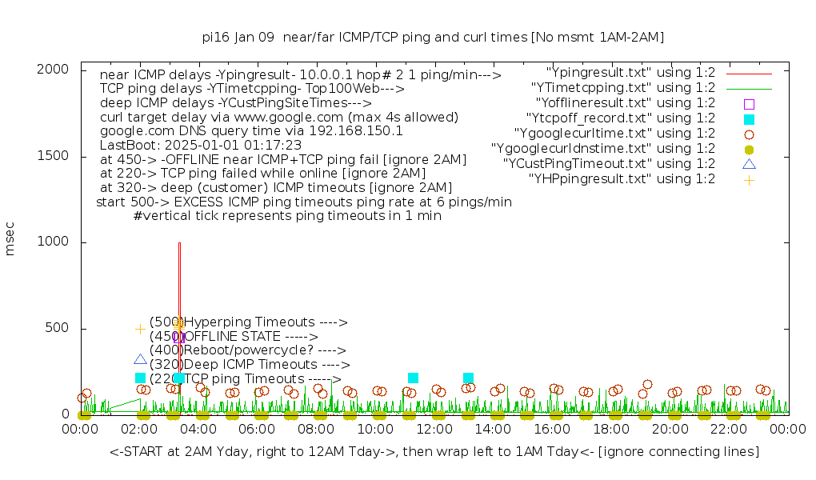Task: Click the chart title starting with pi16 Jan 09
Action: pos(433,37)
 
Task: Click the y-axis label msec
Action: pos(10,242)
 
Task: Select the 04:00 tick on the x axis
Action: pos(198,430)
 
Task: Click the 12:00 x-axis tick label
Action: pos(434,430)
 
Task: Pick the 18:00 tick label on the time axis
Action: pos(611,430)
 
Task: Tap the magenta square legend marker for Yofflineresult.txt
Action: pos(749,103)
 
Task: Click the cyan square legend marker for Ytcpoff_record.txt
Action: pos(749,118)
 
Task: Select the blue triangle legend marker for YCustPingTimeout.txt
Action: pos(749,164)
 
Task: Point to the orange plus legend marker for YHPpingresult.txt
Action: pos(749,179)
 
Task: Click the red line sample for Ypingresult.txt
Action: pos(749,73)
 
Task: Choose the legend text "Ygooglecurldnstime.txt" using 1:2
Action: pos(602,149)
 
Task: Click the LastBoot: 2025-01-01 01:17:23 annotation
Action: pos(200,145)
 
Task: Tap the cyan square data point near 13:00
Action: pos(468,378)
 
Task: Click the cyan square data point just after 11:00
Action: pos(413,378)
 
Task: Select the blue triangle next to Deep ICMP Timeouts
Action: pos(140,359)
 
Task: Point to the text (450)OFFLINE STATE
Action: pos(234,337)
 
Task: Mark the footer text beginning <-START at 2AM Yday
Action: pos(434,452)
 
